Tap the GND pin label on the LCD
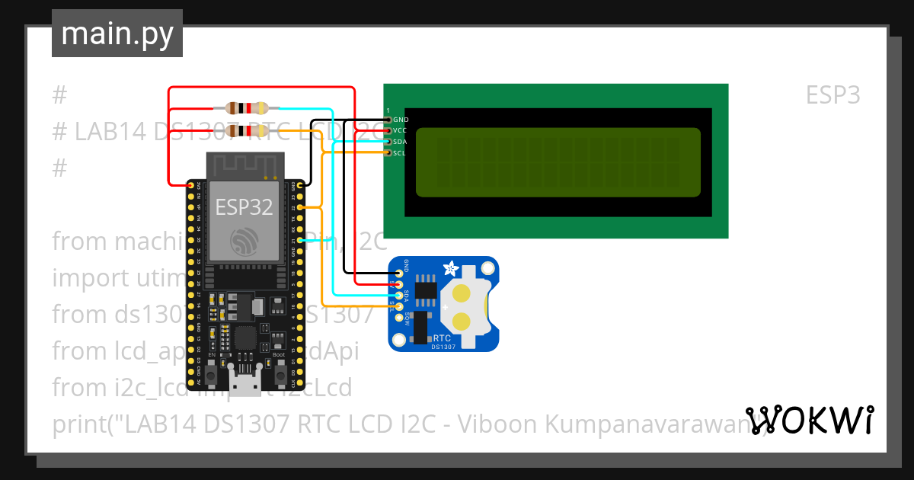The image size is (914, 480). point(401,120)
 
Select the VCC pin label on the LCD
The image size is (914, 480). point(401,130)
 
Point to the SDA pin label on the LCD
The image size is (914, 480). point(401,142)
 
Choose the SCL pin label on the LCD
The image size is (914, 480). point(401,153)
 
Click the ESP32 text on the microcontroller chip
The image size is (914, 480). point(244,207)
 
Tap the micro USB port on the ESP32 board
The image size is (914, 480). point(245,386)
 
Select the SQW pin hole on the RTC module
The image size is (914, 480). point(398,318)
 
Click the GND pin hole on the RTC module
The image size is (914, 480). point(398,272)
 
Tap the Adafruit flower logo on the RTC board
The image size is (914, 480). point(450,269)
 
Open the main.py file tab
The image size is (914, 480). point(117,34)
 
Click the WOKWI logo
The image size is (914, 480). point(809,420)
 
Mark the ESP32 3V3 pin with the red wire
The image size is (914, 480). point(191,184)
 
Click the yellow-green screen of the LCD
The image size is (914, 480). point(558,162)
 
